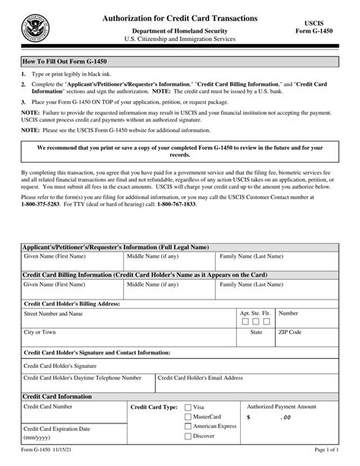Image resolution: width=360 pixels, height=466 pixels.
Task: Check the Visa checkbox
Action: [x=188, y=407]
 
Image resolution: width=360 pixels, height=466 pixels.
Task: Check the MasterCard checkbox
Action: [x=188, y=417]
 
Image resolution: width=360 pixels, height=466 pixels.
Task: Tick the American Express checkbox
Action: [x=188, y=426]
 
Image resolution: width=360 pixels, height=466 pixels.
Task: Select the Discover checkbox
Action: [x=188, y=436]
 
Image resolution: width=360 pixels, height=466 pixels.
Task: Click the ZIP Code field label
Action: [x=290, y=332]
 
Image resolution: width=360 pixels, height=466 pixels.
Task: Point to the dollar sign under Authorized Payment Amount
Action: [x=248, y=417]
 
